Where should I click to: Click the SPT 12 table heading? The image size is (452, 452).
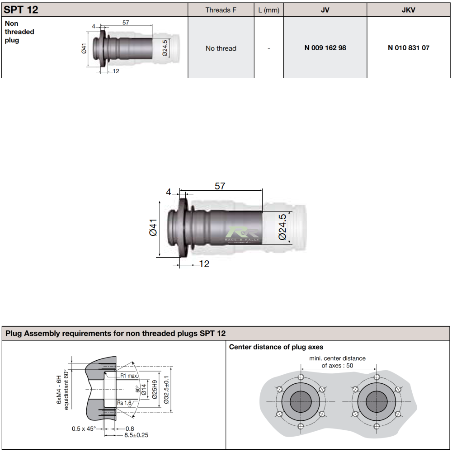21,9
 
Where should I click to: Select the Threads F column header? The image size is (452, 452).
221,9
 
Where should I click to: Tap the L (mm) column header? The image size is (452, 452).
268,9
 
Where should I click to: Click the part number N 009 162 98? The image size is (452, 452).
325,48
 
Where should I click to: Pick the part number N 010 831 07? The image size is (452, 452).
408,48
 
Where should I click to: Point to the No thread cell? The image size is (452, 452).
221,48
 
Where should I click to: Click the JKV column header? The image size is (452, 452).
408,9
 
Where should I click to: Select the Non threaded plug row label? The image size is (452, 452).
19,32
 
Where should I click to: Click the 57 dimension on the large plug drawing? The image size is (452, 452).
220,186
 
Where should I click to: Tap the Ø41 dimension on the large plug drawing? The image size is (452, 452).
153,227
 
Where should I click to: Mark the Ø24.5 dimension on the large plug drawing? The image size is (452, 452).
282,227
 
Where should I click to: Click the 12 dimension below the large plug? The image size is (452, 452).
204,264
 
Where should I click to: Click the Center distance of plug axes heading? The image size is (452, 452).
276,347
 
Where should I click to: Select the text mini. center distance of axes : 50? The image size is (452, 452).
337,362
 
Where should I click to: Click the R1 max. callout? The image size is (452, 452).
129,376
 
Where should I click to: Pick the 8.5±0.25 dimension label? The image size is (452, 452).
136,435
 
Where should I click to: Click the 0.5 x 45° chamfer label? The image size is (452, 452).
84,428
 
